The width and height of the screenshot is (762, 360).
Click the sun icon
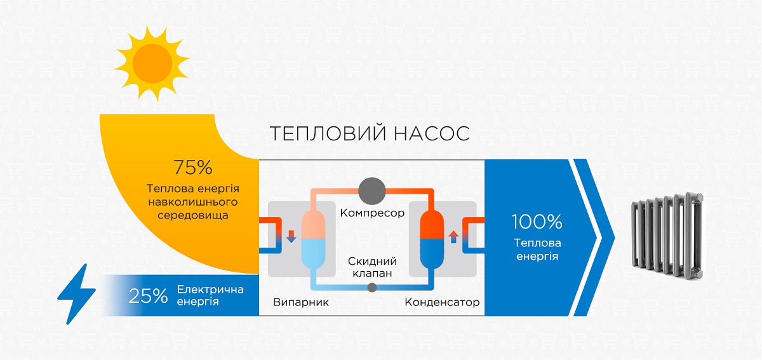click(x=152, y=63)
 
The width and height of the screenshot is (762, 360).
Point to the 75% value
click(x=193, y=168)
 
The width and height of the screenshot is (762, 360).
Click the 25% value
click(x=148, y=296)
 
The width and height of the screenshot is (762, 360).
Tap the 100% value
click(x=537, y=222)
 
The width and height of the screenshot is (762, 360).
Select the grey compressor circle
click(x=372, y=191)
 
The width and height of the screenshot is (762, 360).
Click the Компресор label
click(x=372, y=213)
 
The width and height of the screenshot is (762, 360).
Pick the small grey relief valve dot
click(x=372, y=288)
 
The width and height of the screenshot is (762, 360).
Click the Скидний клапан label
click(x=372, y=267)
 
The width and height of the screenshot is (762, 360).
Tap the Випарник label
click(x=301, y=302)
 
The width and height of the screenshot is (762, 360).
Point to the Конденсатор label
click(x=442, y=302)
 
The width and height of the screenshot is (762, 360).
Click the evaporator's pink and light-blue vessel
click(x=313, y=239)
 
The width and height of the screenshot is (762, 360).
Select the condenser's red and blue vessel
click(x=432, y=239)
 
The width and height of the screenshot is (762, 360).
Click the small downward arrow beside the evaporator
click(x=291, y=236)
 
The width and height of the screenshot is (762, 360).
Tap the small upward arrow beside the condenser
click(x=453, y=236)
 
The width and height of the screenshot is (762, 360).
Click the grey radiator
click(x=667, y=236)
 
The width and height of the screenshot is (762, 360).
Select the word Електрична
click(x=210, y=290)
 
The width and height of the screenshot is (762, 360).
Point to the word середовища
click(x=193, y=216)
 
